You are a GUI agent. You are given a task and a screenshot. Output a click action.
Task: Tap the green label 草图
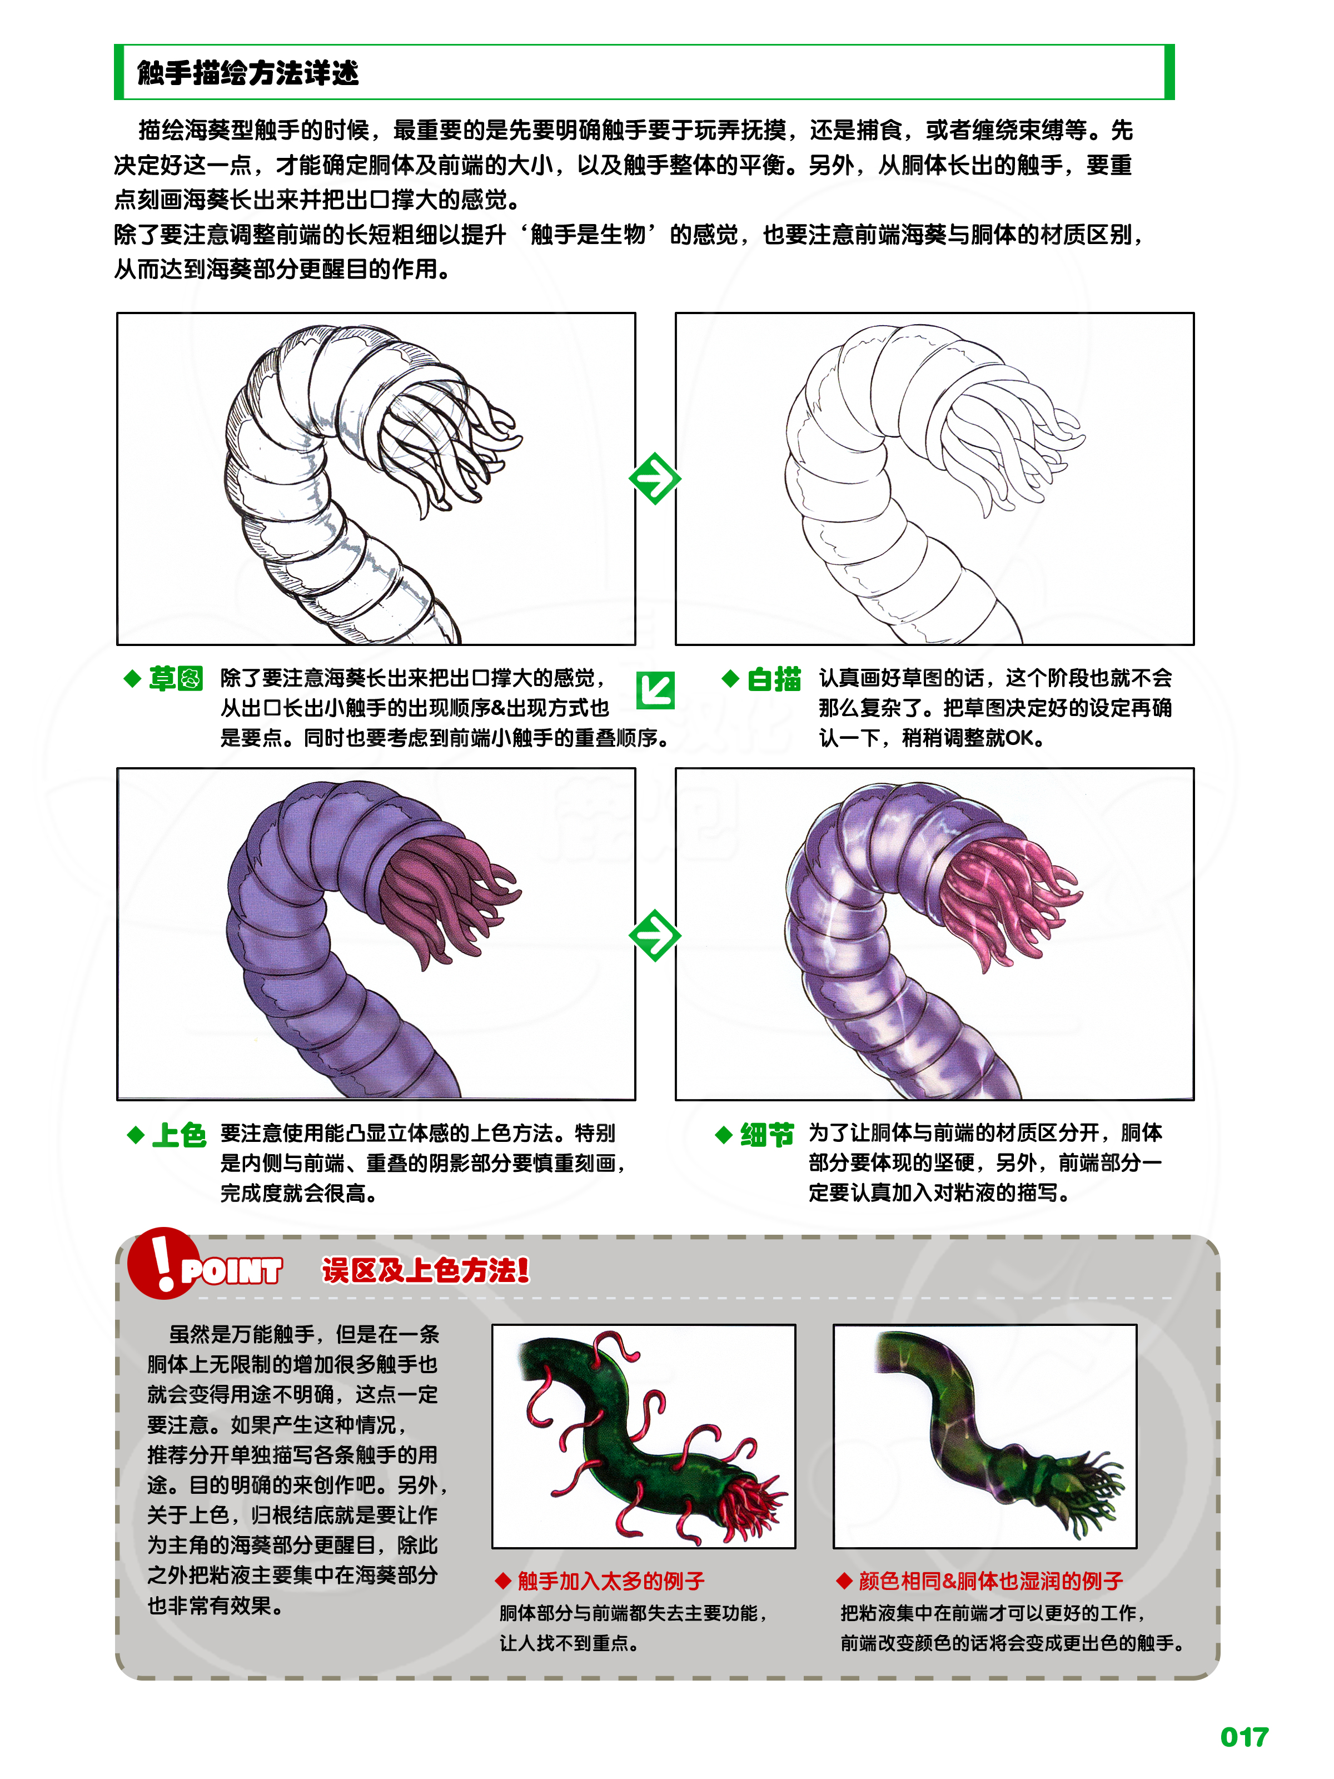pos(175,679)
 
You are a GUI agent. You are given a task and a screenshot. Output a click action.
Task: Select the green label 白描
pos(774,679)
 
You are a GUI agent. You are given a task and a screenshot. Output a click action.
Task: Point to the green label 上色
pos(178,1135)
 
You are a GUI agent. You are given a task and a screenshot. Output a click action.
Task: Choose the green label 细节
pos(766,1135)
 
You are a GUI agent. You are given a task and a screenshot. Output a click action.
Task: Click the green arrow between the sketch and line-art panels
pos(655,479)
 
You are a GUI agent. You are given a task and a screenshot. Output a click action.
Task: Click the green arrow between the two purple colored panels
pos(655,935)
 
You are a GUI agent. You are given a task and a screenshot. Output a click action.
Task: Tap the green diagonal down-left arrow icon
pos(655,690)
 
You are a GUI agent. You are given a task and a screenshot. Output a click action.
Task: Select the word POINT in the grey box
pos(232,1271)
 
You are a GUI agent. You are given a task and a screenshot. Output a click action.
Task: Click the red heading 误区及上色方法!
pos(425,1271)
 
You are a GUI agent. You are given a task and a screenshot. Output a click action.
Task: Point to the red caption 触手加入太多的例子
pos(610,1581)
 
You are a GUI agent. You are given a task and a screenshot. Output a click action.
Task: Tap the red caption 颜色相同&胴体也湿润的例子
pos(990,1581)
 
